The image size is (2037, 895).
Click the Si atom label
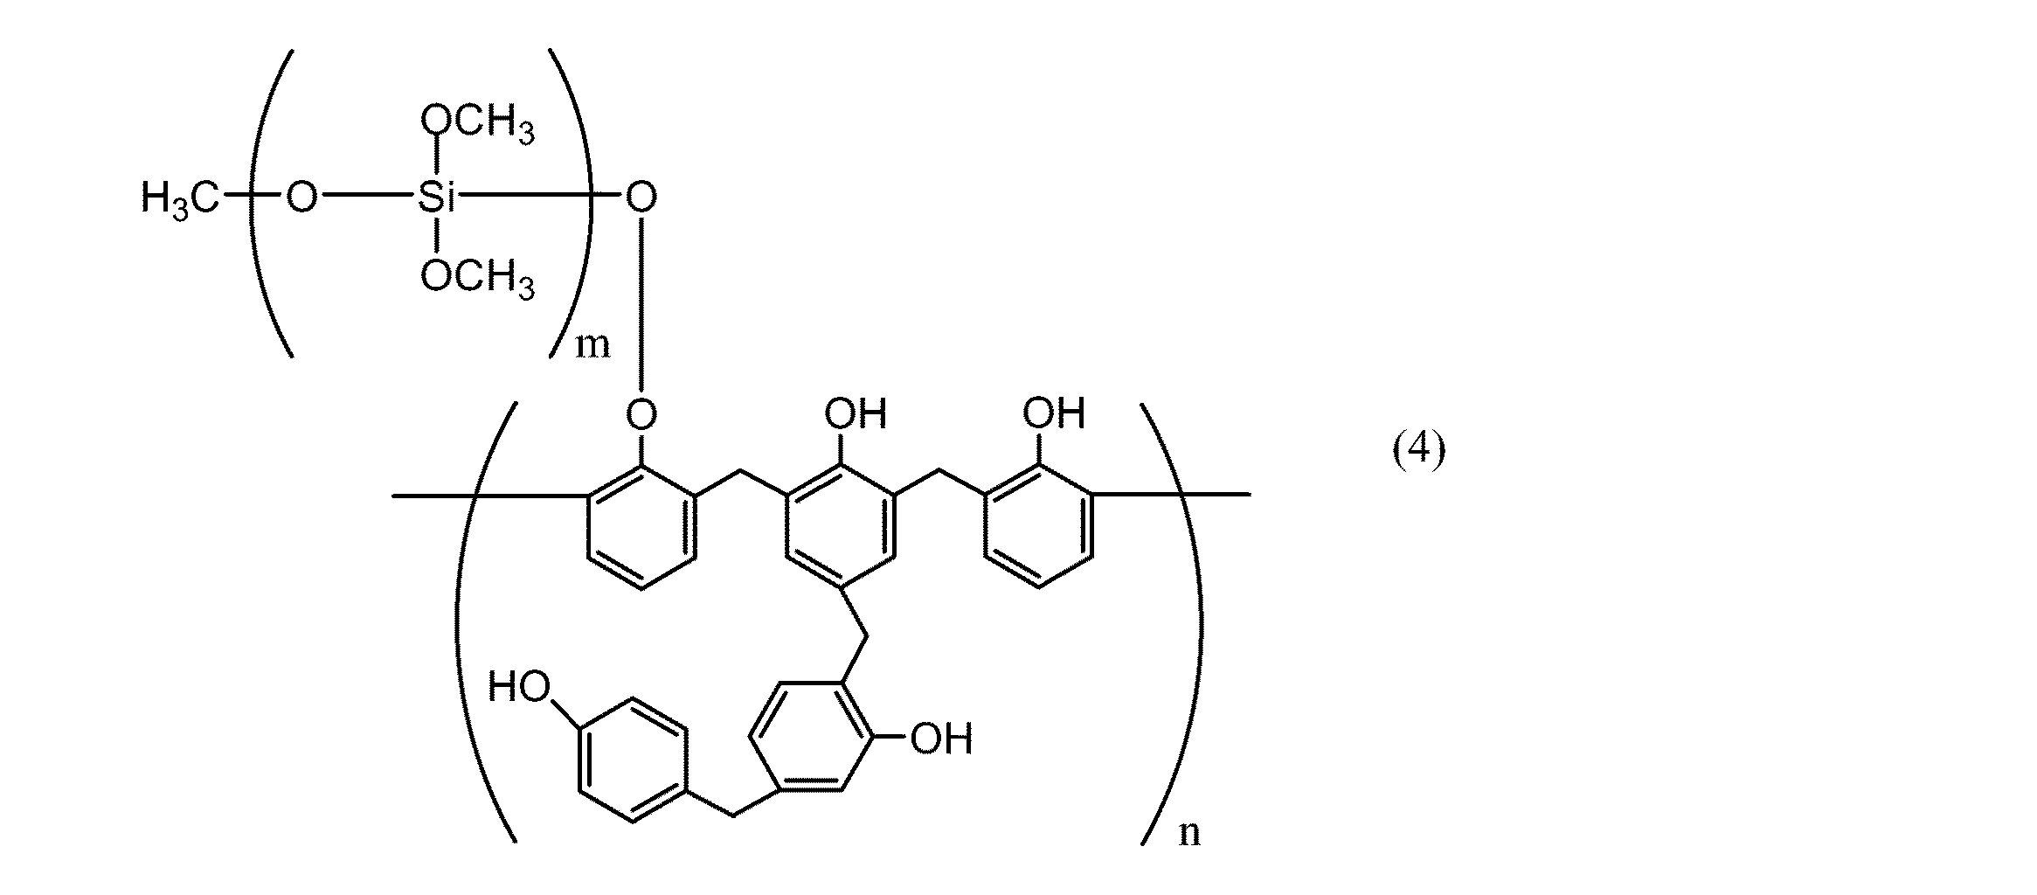tap(436, 199)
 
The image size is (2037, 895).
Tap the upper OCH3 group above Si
tap(477, 123)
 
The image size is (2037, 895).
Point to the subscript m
tap(592, 345)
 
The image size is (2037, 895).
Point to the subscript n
tap(1189, 832)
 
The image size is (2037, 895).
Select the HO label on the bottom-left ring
tap(519, 686)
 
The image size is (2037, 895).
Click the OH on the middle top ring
tap(856, 413)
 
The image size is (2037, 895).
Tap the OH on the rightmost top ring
tap(1054, 413)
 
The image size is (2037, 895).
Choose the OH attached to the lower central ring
tap(940, 739)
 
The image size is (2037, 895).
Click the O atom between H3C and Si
tap(301, 199)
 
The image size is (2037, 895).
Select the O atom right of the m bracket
tap(641, 198)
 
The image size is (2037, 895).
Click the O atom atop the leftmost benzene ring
tap(641, 413)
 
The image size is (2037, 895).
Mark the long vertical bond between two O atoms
tap(641, 306)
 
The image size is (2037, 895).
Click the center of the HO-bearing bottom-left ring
tap(632, 759)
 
